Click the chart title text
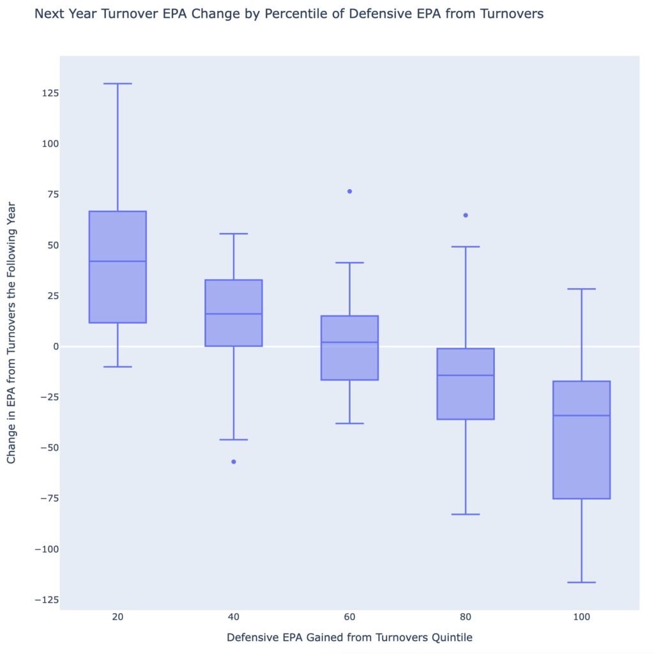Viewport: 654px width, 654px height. click(289, 13)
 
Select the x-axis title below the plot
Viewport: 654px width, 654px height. click(349, 637)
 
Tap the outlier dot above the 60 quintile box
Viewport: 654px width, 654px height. click(349, 191)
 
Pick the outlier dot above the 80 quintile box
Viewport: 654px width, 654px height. click(466, 215)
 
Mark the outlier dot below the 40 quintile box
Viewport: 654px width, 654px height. click(234, 461)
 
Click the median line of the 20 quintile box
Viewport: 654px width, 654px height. click(118, 261)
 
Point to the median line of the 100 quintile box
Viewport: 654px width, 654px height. click(581, 415)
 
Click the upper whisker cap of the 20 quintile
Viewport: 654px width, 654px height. click(118, 84)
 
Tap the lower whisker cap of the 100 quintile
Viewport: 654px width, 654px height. click(581, 582)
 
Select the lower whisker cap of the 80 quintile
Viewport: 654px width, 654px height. click(466, 514)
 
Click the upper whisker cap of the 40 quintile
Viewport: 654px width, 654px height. click(234, 234)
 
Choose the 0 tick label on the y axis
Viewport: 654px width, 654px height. click(55, 346)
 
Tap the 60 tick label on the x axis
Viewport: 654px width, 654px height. click(349, 618)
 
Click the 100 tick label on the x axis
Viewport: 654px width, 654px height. click(581, 618)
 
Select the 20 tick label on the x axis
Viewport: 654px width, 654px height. click(118, 618)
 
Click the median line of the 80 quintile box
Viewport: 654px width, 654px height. click(466, 375)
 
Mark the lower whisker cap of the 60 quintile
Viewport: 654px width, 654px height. click(349, 423)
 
